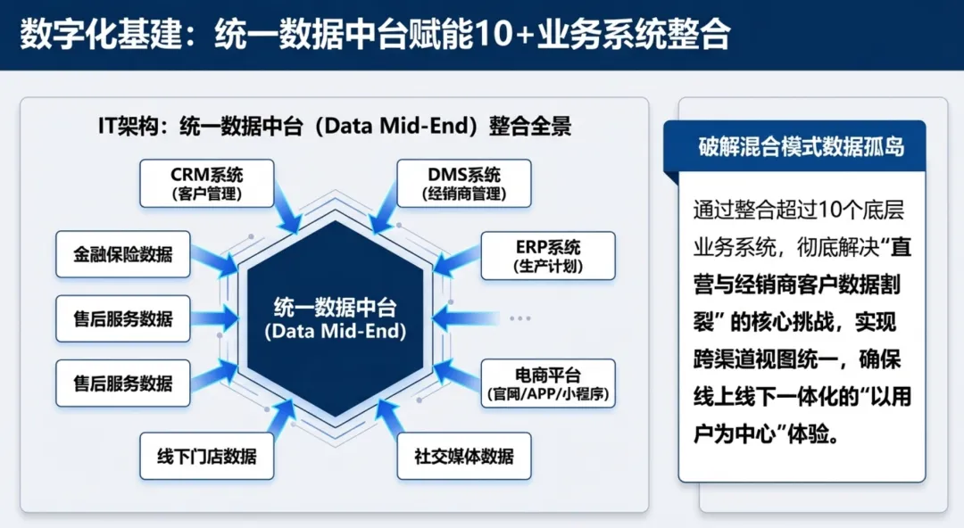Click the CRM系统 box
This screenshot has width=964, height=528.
tap(206, 183)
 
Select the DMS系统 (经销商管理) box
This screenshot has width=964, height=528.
tap(463, 183)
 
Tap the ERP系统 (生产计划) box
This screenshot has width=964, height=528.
tap(548, 256)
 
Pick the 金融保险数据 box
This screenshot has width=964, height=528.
tap(123, 256)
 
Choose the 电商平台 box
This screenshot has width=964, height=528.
tap(548, 383)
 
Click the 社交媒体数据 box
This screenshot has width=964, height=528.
tap(463, 457)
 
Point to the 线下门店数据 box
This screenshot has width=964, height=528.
tap(206, 457)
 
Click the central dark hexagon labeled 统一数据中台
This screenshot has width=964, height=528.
tap(335, 319)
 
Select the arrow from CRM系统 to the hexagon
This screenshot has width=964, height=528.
tap(287, 210)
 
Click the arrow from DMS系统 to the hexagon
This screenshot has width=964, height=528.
tap(385, 210)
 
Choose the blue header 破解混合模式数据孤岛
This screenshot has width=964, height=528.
tap(801, 146)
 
